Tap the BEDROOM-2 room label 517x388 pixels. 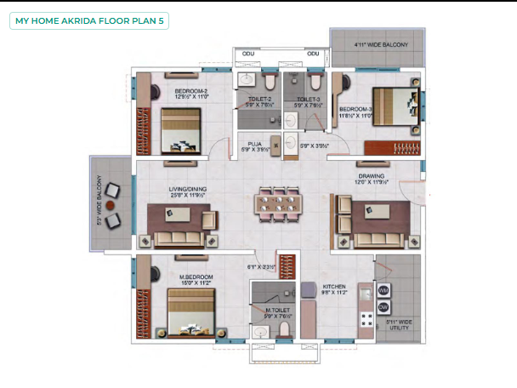[x=191, y=90]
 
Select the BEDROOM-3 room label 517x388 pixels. [x=355, y=110]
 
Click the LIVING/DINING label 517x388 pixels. [x=188, y=190]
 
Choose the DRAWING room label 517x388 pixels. [x=372, y=176]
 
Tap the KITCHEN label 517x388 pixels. [x=333, y=288]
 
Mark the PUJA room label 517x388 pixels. [x=254, y=144]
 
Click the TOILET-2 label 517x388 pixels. [x=259, y=100]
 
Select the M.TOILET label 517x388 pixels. [x=278, y=311]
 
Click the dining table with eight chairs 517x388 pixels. [x=278, y=203]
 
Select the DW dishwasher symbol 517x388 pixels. [x=383, y=306]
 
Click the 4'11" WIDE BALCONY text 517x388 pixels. [x=381, y=44]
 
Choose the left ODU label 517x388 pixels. [x=248, y=54]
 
